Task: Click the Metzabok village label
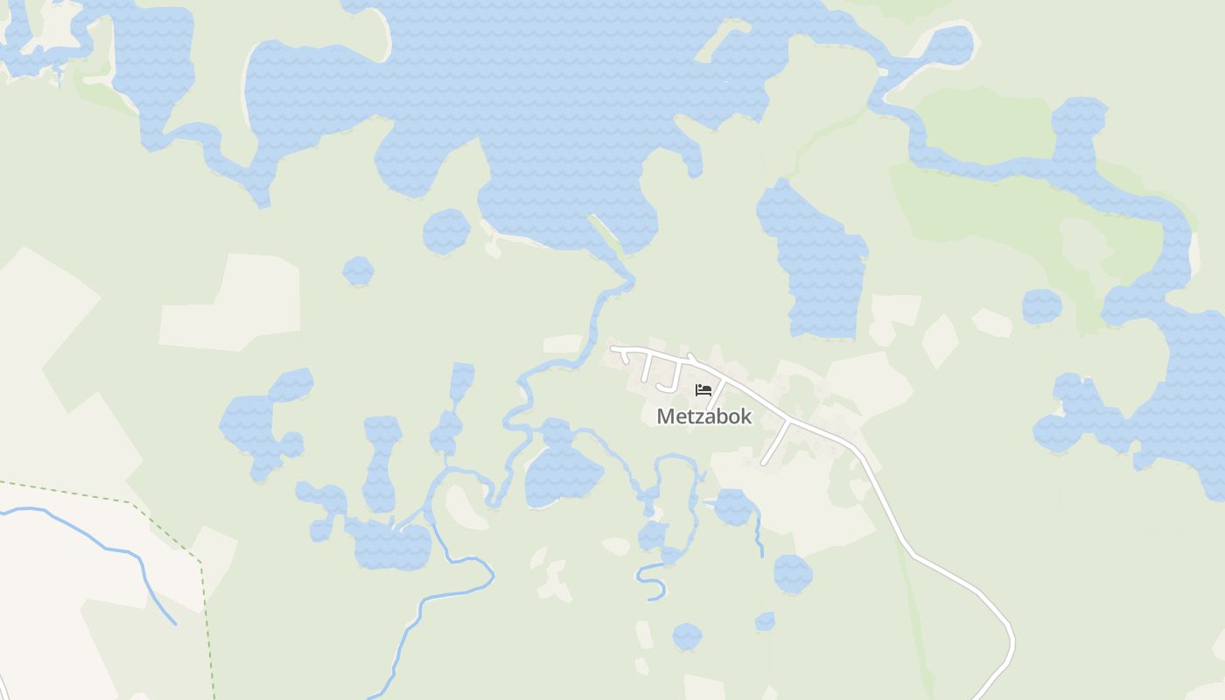tap(703, 416)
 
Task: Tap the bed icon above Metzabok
tap(703, 389)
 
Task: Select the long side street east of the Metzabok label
tap(775, 443)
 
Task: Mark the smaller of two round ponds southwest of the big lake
tap(358, 271)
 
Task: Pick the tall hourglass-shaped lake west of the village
tap(381, 464)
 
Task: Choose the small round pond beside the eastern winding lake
tap(1041, 306)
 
